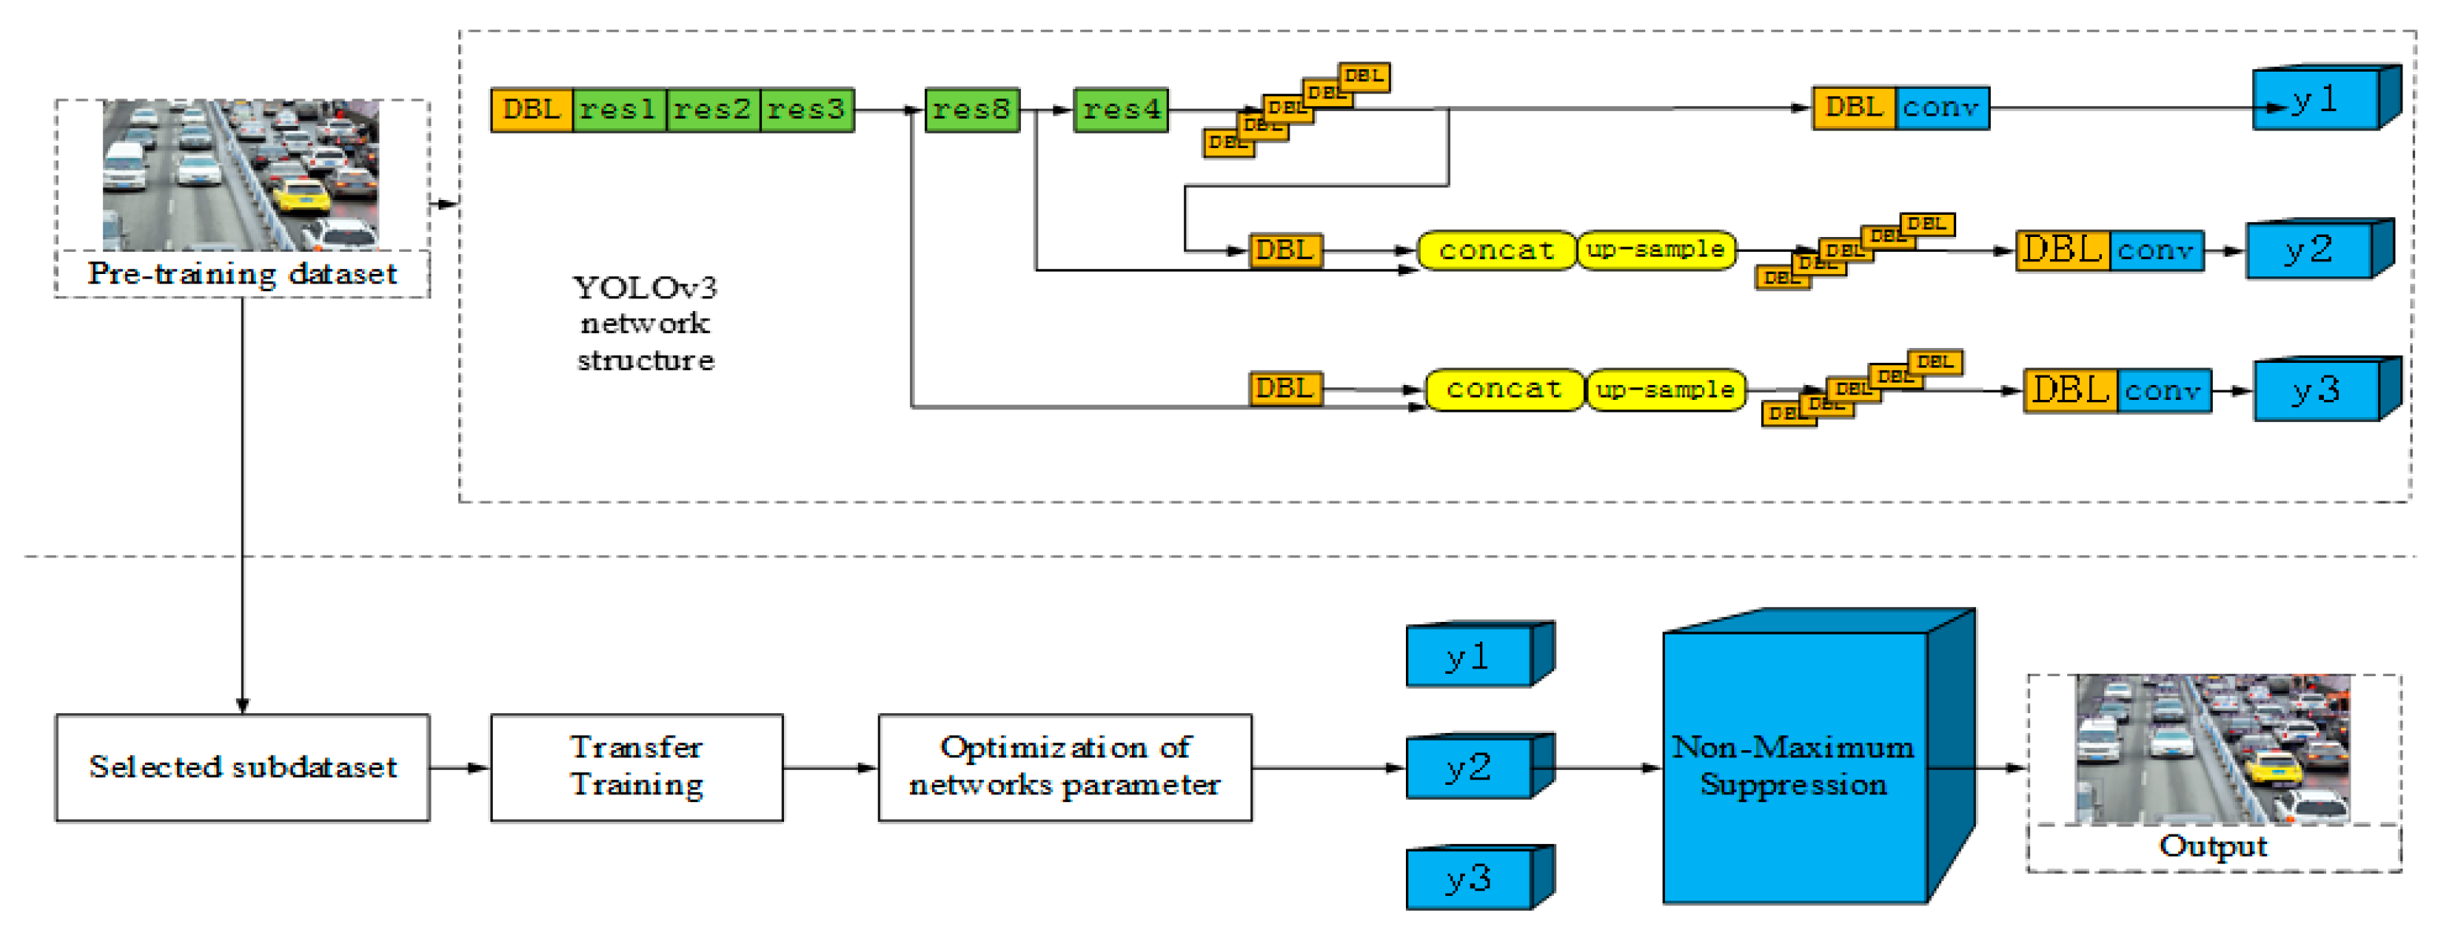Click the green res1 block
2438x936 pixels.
click(619, 109)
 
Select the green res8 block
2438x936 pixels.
click(971, 109)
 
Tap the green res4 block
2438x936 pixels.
click(1120, 109)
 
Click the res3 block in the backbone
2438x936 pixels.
click(806, 109)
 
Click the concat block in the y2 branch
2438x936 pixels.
click(1496, 251)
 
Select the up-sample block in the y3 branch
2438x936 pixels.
click(1665, 390)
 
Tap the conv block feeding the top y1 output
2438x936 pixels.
click(1940, 108)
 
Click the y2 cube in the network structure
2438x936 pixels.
click(2309, 251)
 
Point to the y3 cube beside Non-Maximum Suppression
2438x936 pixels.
click(1469, 879)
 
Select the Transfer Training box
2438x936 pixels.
click(636, 767)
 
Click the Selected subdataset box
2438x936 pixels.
click(242, 767)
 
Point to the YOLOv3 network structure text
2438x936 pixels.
click(646, 324)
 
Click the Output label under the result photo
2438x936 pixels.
click(2213, 846)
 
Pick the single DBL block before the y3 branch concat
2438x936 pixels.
click(1284, 389)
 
